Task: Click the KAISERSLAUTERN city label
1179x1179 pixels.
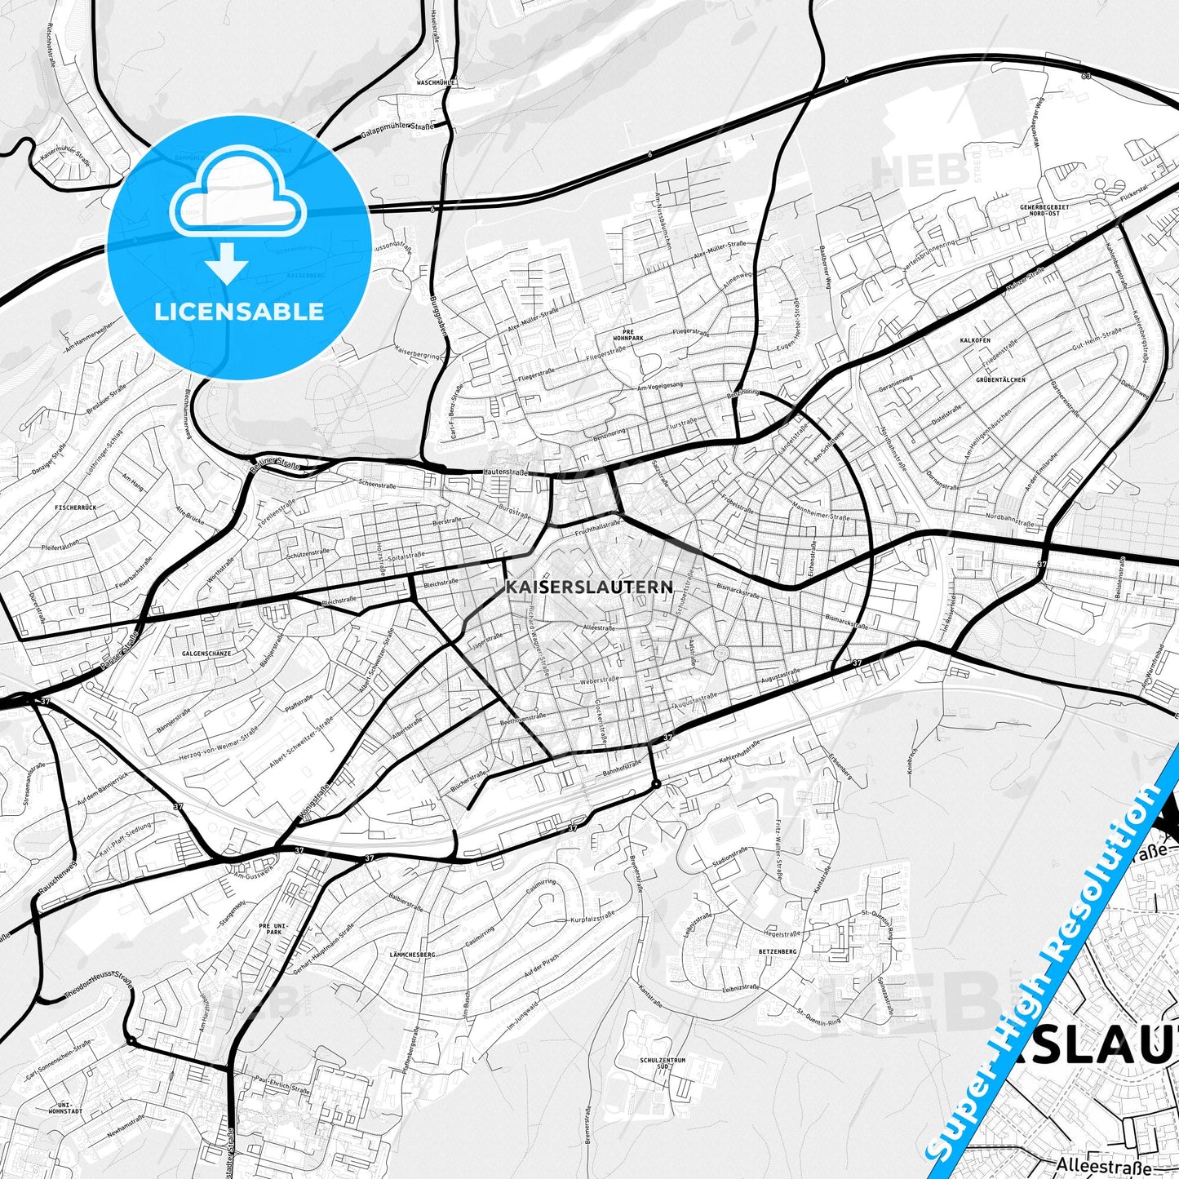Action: point(589,587)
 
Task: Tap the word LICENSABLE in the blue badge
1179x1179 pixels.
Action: point(239,312)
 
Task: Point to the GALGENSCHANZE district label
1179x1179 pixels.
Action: point(207,654)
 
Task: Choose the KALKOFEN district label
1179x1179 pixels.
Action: point(975,339)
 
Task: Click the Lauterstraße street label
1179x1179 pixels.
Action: point(506,472)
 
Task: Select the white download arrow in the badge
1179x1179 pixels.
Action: point(227,264)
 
